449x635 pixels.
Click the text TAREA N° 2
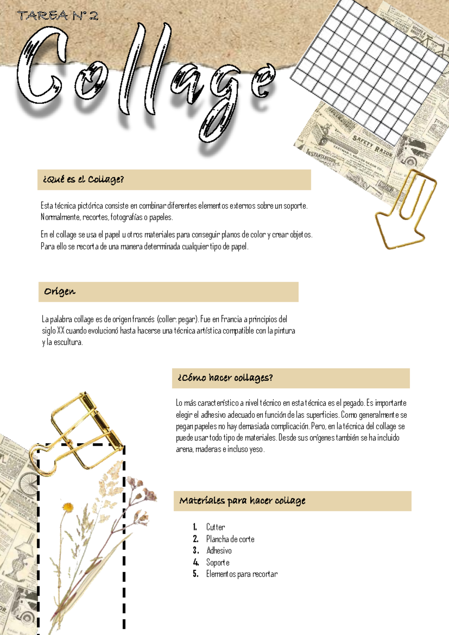[58, 16]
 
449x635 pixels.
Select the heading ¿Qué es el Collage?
[83, 179]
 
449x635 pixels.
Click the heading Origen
[59, 292]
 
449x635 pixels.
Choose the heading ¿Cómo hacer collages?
[225, 378]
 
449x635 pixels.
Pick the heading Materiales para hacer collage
[242, 501]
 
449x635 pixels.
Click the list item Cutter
[216, 527]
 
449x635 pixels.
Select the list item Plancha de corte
[230, 539]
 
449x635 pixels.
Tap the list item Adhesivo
[219, 551]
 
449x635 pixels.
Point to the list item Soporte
[218, 562]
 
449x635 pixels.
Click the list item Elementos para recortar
[242, 574]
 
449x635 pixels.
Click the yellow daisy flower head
[68, 507]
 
